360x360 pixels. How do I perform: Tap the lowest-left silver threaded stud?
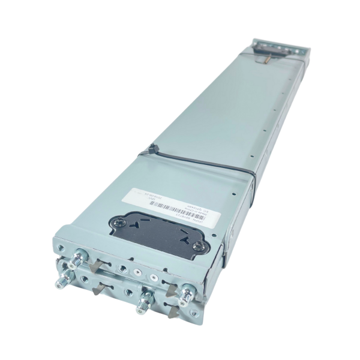pyautogui.click(x=63, y=281)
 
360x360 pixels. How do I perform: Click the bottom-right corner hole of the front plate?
pyautogui.click(x=192, y=313)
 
